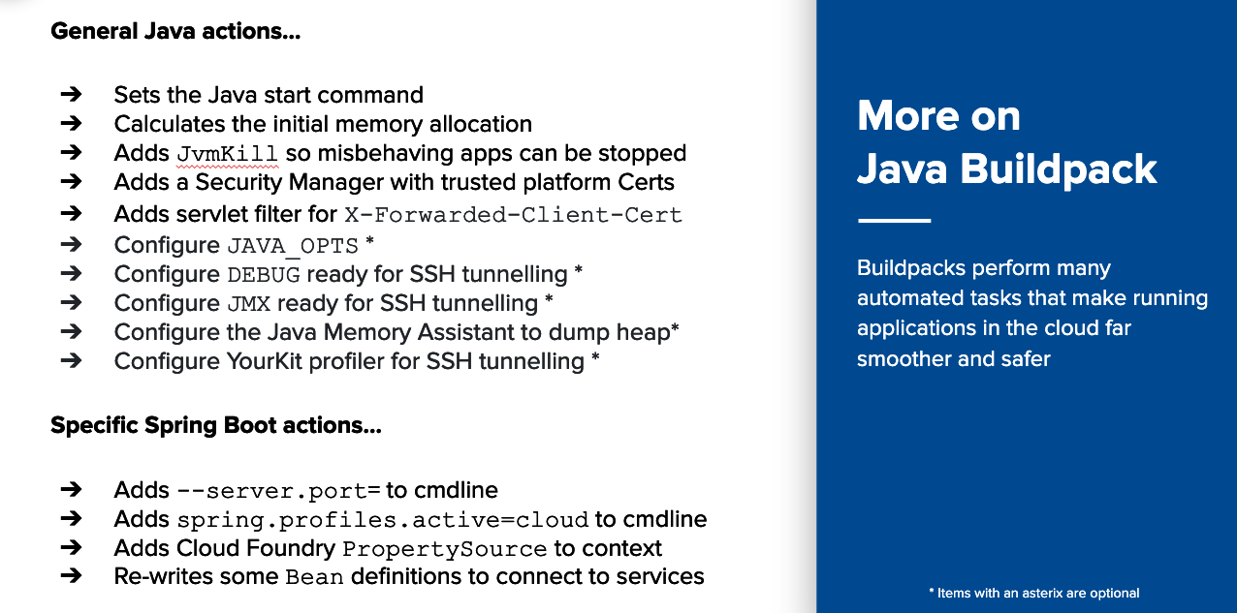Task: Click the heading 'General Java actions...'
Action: [x=175, y=31]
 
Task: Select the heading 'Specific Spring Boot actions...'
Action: [x=216, y=425]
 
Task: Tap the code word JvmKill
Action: [x=228, y=154]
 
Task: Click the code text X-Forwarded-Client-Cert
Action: [x=514, y=215]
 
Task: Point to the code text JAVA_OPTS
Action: [x=293, y=246]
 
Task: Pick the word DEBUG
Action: [x=264, y=274]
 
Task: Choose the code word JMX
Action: [x=249, y=303]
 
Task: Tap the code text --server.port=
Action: [x=279, y=491]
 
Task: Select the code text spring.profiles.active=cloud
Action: [x=383, y=520]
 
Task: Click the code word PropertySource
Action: [x=445, y=549]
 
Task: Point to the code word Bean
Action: [x=315, y=577]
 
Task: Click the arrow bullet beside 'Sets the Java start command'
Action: [x=71, y=94]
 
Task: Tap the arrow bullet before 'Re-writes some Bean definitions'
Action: [x=71, y=576]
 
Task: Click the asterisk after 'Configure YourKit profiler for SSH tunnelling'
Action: [x=595, y=356]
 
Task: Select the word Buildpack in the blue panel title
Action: [x=1058, y=169]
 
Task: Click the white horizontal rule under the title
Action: [x=894, y=220]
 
